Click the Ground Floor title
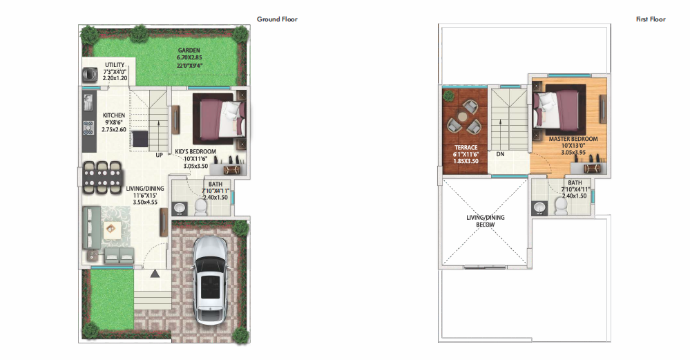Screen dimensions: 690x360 (277, 19)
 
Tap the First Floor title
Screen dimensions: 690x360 (651, 19)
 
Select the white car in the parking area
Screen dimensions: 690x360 (211, 280)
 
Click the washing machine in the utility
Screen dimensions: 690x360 (90, 75)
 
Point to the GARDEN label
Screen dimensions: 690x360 (189, 50)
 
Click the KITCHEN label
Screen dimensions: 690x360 (114, 115)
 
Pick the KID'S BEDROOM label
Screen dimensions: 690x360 (195, 151)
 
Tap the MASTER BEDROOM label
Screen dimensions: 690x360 (573, 139)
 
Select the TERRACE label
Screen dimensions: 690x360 (466, 147)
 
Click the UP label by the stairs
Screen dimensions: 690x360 (160, 155)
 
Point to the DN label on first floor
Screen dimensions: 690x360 (500, 154)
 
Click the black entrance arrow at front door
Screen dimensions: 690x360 (155, 274)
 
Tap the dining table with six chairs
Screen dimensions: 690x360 (102, 178)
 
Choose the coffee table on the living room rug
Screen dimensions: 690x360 (111, 229)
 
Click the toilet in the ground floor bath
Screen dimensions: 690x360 (201, 206)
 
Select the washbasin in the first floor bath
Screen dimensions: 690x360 (539, 207)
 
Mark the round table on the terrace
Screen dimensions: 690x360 (463, 117)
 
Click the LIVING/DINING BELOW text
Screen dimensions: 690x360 (486, 221)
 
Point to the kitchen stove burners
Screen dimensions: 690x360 (88, 128)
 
